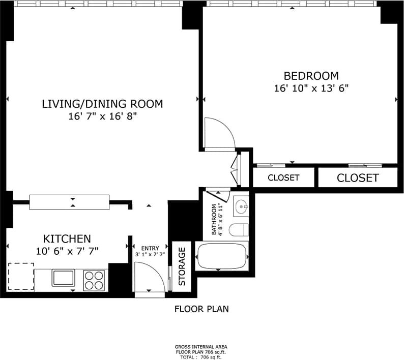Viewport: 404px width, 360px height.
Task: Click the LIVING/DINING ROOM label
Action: point(102,104)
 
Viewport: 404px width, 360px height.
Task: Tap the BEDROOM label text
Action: point(310,76)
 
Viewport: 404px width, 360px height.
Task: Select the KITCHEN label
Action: point(67,238)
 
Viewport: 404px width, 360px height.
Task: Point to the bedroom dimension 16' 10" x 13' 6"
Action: point(310,88)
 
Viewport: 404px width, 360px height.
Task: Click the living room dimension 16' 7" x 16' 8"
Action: point(102,116)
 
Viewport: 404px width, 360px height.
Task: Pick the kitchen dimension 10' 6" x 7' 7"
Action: point(67,250)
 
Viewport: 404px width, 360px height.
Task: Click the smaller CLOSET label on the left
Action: point(283,178)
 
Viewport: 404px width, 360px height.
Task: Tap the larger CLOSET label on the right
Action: point(358,178)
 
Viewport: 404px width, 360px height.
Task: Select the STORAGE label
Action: point(182,266)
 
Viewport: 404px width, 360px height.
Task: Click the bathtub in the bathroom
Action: point(222,256)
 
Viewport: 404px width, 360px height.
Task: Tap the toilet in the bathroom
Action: point(238,230)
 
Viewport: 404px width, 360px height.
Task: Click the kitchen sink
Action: point(63,278)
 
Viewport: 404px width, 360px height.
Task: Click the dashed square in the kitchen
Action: point(21,277)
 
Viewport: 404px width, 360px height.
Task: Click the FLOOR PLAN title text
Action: point(201,309)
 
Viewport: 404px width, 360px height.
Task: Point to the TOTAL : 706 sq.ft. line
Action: point(201,357)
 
